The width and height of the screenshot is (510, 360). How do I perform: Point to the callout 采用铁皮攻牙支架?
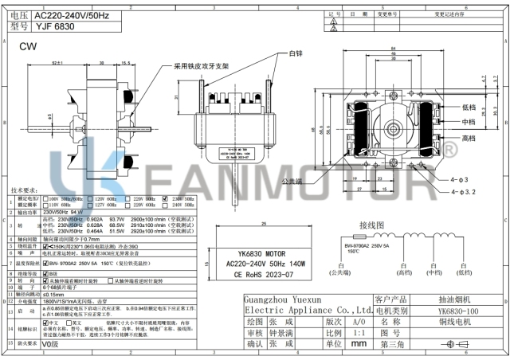[x=201, y=67]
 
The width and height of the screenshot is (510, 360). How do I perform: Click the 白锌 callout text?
[x=296, y=53]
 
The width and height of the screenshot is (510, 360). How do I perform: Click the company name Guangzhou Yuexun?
[x=288, y=295]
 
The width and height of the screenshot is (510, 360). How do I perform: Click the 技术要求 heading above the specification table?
[x=28, y=190]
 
